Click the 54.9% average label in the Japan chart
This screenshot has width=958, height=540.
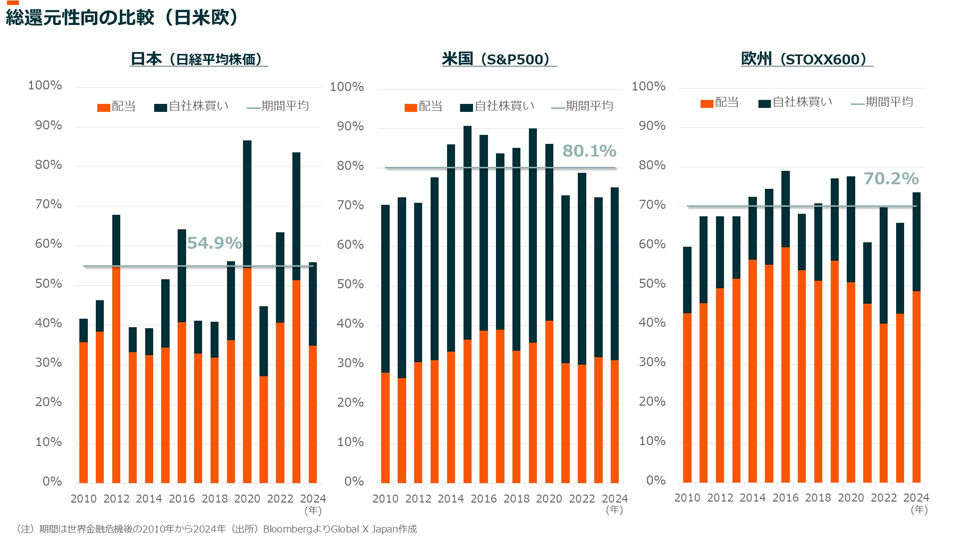[x=214, y=243]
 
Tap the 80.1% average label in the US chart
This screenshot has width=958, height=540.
[x=589, y=151]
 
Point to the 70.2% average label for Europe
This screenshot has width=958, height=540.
[x=891, y=178]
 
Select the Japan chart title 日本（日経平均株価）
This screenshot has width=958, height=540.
[x=199, y=59]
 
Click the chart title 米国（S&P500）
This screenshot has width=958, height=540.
[x=498, y=59]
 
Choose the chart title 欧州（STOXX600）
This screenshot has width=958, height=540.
[x=806, y=59]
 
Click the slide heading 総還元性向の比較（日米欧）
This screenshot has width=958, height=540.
[x=122, y=18]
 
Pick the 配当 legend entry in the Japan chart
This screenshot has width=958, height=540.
[x=117, y=106]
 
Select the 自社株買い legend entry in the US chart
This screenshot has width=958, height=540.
[x=497, y=106]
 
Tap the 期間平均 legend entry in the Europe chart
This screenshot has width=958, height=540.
[x=882, y=102]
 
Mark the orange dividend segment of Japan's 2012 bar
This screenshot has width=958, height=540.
[x=116, y=375]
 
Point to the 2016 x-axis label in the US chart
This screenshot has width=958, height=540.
[x=483, y=499]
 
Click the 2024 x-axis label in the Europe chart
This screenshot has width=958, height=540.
[x=916, y=498]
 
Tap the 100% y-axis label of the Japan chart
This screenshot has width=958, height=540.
[x=45, y=85]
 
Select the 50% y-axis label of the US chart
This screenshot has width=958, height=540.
[x=350, y=284]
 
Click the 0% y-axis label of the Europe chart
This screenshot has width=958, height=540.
[x=656, y=481]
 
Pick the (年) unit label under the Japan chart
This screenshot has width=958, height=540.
[x=313, y=511]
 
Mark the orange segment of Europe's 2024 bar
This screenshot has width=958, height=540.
[x=916, y=387]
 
